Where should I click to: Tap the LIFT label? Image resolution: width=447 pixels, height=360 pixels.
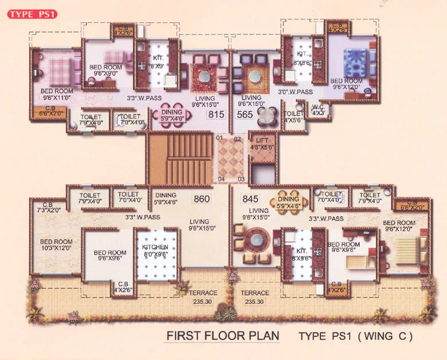[x=263, y=143]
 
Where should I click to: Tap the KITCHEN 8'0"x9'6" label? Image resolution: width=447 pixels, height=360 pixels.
[x=155, y=251]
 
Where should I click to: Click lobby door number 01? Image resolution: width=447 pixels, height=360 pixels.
[x=219, y=138]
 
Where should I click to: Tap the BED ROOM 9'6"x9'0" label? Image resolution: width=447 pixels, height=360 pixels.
[x=105, y=71]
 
